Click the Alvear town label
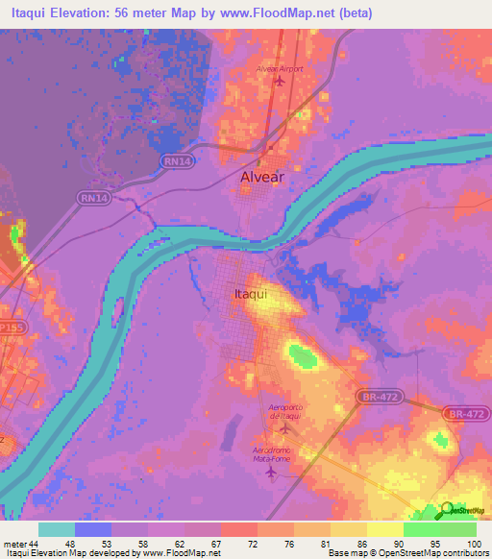point(261,178)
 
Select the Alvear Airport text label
point(278,68)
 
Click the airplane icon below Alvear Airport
point(280,80)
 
